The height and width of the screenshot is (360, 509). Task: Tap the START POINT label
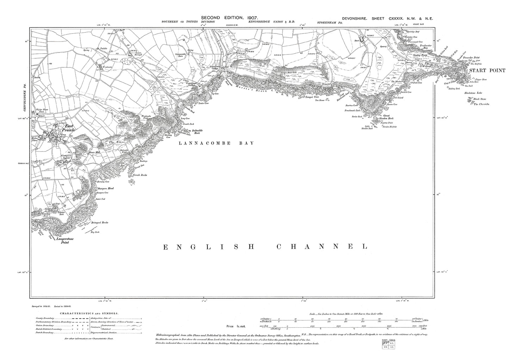click(486, 70)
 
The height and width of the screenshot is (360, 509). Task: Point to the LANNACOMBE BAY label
click(216, 143)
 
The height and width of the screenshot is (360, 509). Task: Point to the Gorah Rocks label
click(140, 175)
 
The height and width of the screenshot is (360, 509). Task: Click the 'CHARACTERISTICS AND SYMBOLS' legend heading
click(89, 313)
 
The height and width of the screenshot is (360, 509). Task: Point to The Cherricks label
click(482, 104)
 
